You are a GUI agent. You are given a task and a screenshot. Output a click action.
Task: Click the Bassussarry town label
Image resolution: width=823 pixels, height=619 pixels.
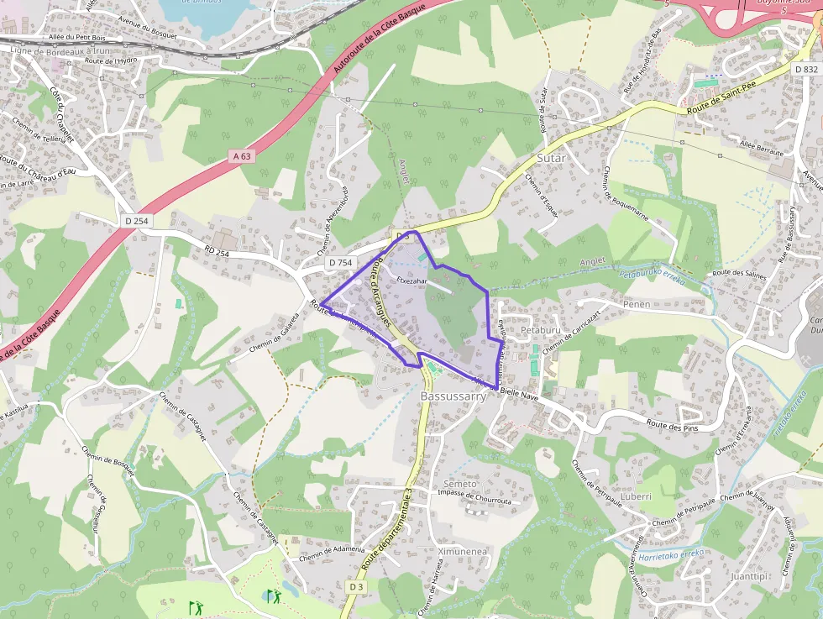pyautogui.click(x=453, y=396)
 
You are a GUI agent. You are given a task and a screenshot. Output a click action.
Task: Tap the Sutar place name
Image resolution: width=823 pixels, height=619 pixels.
pyautogui.click(x=551, y=157)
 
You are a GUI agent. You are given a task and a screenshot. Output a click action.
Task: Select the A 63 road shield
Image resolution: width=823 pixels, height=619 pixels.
pyautogui.click(x=242, y=156)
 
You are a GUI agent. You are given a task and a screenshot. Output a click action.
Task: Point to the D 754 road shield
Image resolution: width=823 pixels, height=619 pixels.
pyautogui.click(x=340, y=263)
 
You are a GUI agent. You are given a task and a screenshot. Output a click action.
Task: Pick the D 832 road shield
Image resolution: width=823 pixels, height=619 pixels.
pyautogui.click(x=805, y=70)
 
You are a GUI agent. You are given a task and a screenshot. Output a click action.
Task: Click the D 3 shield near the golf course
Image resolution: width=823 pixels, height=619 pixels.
pyautogui.click(x=355, y=586)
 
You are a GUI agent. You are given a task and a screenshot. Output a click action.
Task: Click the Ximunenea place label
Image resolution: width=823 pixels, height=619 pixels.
pyautogui.click(x=463, y=552)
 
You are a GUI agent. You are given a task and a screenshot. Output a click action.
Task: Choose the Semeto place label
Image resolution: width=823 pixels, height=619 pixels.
pyautogui.click(x=460, y=484)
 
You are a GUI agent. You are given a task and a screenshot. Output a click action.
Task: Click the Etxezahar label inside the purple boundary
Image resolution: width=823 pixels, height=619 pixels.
pyautogui.click(x=412, y=281)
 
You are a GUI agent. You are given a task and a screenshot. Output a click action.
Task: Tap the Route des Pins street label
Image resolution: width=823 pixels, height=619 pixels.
pyautogui.click(x=674, y=423)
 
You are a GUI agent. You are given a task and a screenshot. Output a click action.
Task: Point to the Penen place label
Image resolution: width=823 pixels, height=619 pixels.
pyautogui.click(x=637, y=304)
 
